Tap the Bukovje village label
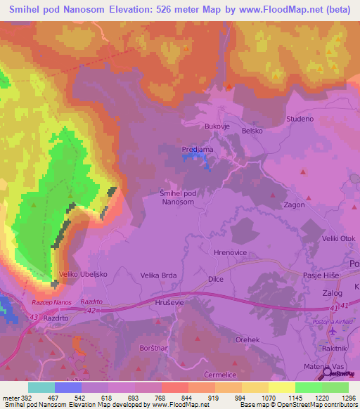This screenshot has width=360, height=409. point(217,126)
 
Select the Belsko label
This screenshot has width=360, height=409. point(252,131)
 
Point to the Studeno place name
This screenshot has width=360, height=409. point(300,119)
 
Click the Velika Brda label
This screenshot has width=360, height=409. point(157,275)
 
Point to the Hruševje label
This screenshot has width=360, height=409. point(170,302)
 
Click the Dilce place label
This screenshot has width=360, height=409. point(216,279)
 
